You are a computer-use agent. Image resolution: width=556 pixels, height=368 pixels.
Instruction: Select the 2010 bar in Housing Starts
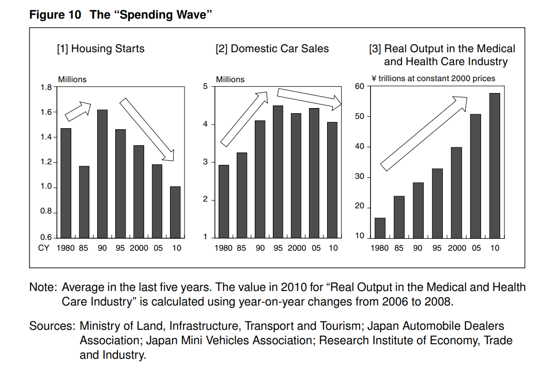(175, 211)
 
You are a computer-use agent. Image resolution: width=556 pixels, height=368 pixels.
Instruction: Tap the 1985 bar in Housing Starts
(84, 202)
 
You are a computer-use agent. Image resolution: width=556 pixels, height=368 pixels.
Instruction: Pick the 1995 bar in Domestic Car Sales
(278, 171)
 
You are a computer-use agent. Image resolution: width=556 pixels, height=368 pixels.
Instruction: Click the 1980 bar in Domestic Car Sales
(223, 201)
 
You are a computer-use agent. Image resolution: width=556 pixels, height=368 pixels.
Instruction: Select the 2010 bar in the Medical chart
(495, 165)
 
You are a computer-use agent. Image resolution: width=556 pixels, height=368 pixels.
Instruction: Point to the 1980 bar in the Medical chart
(380, 227)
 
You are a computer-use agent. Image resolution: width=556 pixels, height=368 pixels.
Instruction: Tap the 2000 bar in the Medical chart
(456, 192)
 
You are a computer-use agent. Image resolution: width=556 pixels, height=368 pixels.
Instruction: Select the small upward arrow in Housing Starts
(77, 110)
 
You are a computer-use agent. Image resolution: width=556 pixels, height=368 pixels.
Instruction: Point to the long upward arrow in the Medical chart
(424, 133)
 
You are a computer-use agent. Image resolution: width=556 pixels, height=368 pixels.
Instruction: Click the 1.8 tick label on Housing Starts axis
(47, 87)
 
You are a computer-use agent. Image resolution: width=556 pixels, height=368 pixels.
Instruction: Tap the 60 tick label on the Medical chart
(360, 86)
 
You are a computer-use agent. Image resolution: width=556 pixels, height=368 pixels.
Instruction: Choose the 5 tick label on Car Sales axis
(205, 86)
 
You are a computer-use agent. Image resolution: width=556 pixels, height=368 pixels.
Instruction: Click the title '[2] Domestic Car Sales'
(272, 49)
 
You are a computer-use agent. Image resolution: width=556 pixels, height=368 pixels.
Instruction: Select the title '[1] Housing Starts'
(101, 49)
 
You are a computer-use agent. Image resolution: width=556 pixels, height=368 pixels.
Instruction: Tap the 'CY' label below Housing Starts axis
(44, 248)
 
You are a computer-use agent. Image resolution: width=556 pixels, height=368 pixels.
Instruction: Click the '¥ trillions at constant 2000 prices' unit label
(433, 79)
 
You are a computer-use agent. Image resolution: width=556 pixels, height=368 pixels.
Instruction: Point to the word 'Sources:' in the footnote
(52, 326)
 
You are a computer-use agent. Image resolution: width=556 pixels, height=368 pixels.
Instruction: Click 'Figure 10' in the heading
(55, 14)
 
